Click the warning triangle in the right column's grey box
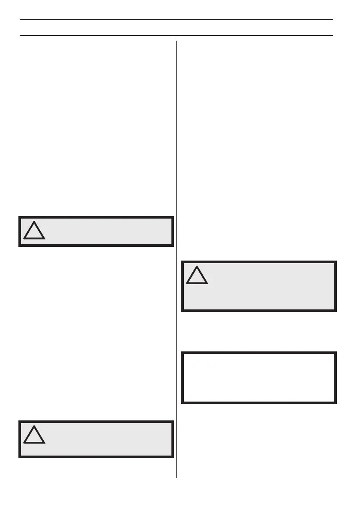197,276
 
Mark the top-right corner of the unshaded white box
336,353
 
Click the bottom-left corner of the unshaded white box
182,403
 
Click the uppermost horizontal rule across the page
176,20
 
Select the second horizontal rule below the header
176,35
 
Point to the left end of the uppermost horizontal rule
20,20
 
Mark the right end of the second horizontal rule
333,35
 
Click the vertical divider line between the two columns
176,257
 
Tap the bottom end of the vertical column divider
176,478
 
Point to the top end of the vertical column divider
176,41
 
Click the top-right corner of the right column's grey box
336,261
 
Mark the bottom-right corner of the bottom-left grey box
174,458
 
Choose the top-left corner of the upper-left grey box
19,216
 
